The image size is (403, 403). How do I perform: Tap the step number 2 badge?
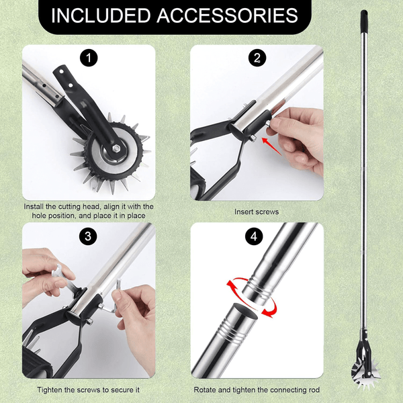(x=256, y=58)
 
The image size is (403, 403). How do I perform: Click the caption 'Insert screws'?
(x=256, y=212)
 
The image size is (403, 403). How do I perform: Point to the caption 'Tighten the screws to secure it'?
(x=88, y=390)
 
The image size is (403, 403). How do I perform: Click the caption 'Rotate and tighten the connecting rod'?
(x=257, y=390)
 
